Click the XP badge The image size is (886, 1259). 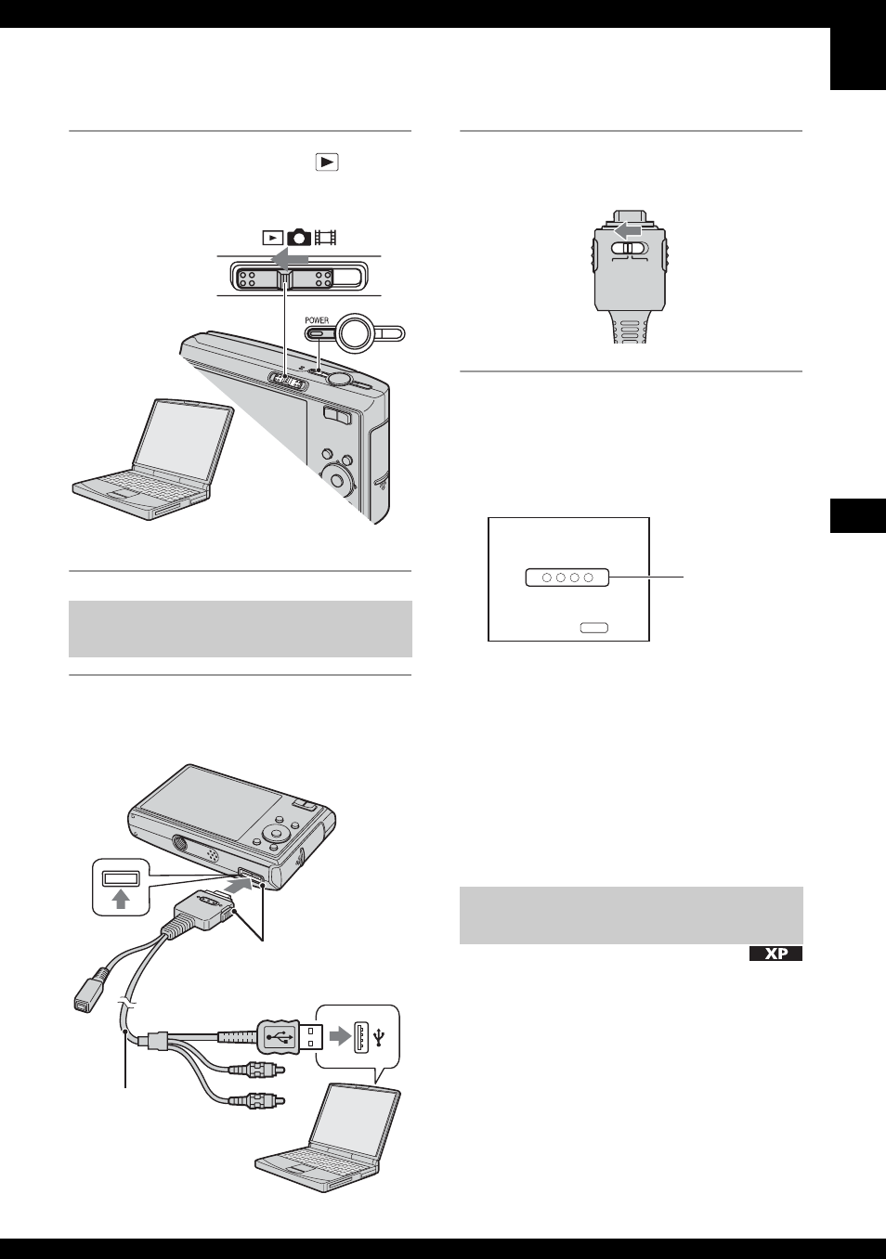pos(775,954)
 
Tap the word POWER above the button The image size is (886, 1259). pos(317,320)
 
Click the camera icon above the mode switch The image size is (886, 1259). pos(299,237)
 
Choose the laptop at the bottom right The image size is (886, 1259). pos(331,1137)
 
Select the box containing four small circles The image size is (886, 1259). pos(567,578)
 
